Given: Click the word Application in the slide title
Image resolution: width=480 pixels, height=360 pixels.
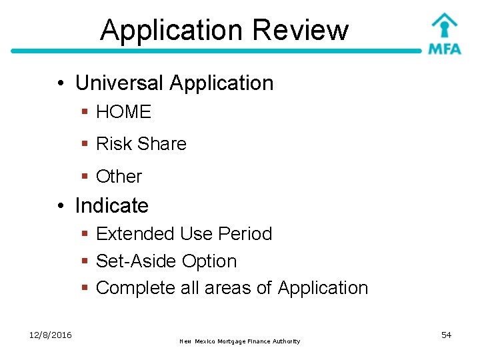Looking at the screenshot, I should (x=171, y=30).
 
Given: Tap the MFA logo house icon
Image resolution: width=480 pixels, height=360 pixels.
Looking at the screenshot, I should (x=444, y=25).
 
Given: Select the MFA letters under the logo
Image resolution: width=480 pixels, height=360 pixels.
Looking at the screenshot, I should (x=445, y=49).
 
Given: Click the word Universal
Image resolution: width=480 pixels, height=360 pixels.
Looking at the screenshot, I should (x=119, y=83).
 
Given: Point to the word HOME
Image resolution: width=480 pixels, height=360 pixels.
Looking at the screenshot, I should (x=124, y=112).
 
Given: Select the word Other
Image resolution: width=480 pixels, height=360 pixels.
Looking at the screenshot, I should (x=119, y=177).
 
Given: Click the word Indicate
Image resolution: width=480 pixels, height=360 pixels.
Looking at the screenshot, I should (x=112, y=205).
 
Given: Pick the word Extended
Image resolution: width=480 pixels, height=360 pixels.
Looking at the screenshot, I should (x=135, y=234).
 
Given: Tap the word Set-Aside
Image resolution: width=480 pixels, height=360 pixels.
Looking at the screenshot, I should (x=133, y=261).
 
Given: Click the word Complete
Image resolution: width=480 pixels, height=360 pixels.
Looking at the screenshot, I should (x=135, y=288).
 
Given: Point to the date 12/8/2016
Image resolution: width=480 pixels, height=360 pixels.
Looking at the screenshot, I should (x=51, y=335).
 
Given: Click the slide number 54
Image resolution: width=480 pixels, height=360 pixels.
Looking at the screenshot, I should (x=447, y=335).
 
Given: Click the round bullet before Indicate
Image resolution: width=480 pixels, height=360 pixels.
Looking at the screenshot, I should (x=61, y=206).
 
